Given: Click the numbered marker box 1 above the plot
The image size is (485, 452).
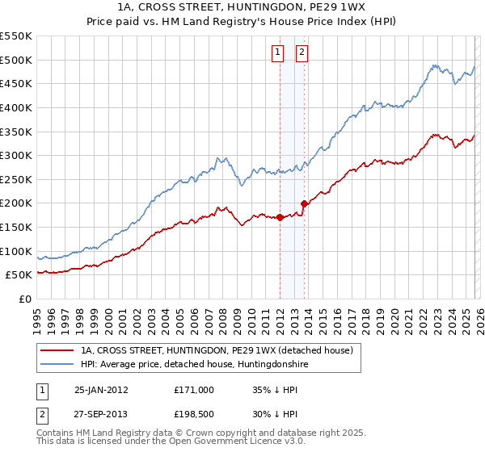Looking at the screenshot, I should (277, 52).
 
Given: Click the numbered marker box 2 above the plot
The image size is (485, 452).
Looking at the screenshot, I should (302, 52).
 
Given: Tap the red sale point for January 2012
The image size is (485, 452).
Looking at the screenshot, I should (280, 217).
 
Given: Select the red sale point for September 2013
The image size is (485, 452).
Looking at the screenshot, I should (304, 203).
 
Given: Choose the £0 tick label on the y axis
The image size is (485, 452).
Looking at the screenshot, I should (24, 299).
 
